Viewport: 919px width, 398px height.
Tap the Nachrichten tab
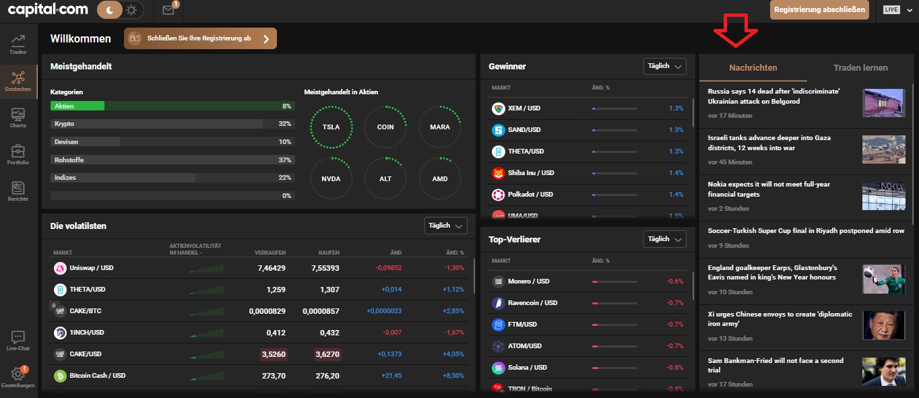pyautogui.click(x=753, y=67)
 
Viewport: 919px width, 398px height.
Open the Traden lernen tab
pyautogui.click(x=860, y=67)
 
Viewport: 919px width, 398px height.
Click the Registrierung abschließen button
pyautogui.click(x=819, y=10)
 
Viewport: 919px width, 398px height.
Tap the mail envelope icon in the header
pyautogui.click(x=168, y=10)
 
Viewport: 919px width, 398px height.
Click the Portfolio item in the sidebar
pyautogui.click(x=18, y=155)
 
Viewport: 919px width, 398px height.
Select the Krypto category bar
pyautogui.click(x=172, y=124)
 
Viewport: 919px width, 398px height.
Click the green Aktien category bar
pyautogui.click(x=77, y=106)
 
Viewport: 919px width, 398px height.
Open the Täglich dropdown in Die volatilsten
pyautogui.click(x=445, y=226)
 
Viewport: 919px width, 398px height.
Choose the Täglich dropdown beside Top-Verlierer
pyautogui.click(x=664, y=239)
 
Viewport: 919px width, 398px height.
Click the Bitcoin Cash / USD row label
pyautogui.click(x=97, y=376)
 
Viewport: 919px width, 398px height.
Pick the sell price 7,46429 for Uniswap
pyautogui.click(x=272, y=268)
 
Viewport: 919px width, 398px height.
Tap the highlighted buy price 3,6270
pyautogui.click(x=327, y=354)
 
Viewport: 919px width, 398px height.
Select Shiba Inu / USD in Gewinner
pyautogui.click(x=531, y=173)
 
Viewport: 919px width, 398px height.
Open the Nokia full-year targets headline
pyautogui.click(x=769, y=189)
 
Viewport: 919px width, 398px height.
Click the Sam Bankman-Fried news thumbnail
pyautogui.click(x=883, y=371)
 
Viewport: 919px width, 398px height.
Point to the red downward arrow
pyautogui.click(x=735, y=30)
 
